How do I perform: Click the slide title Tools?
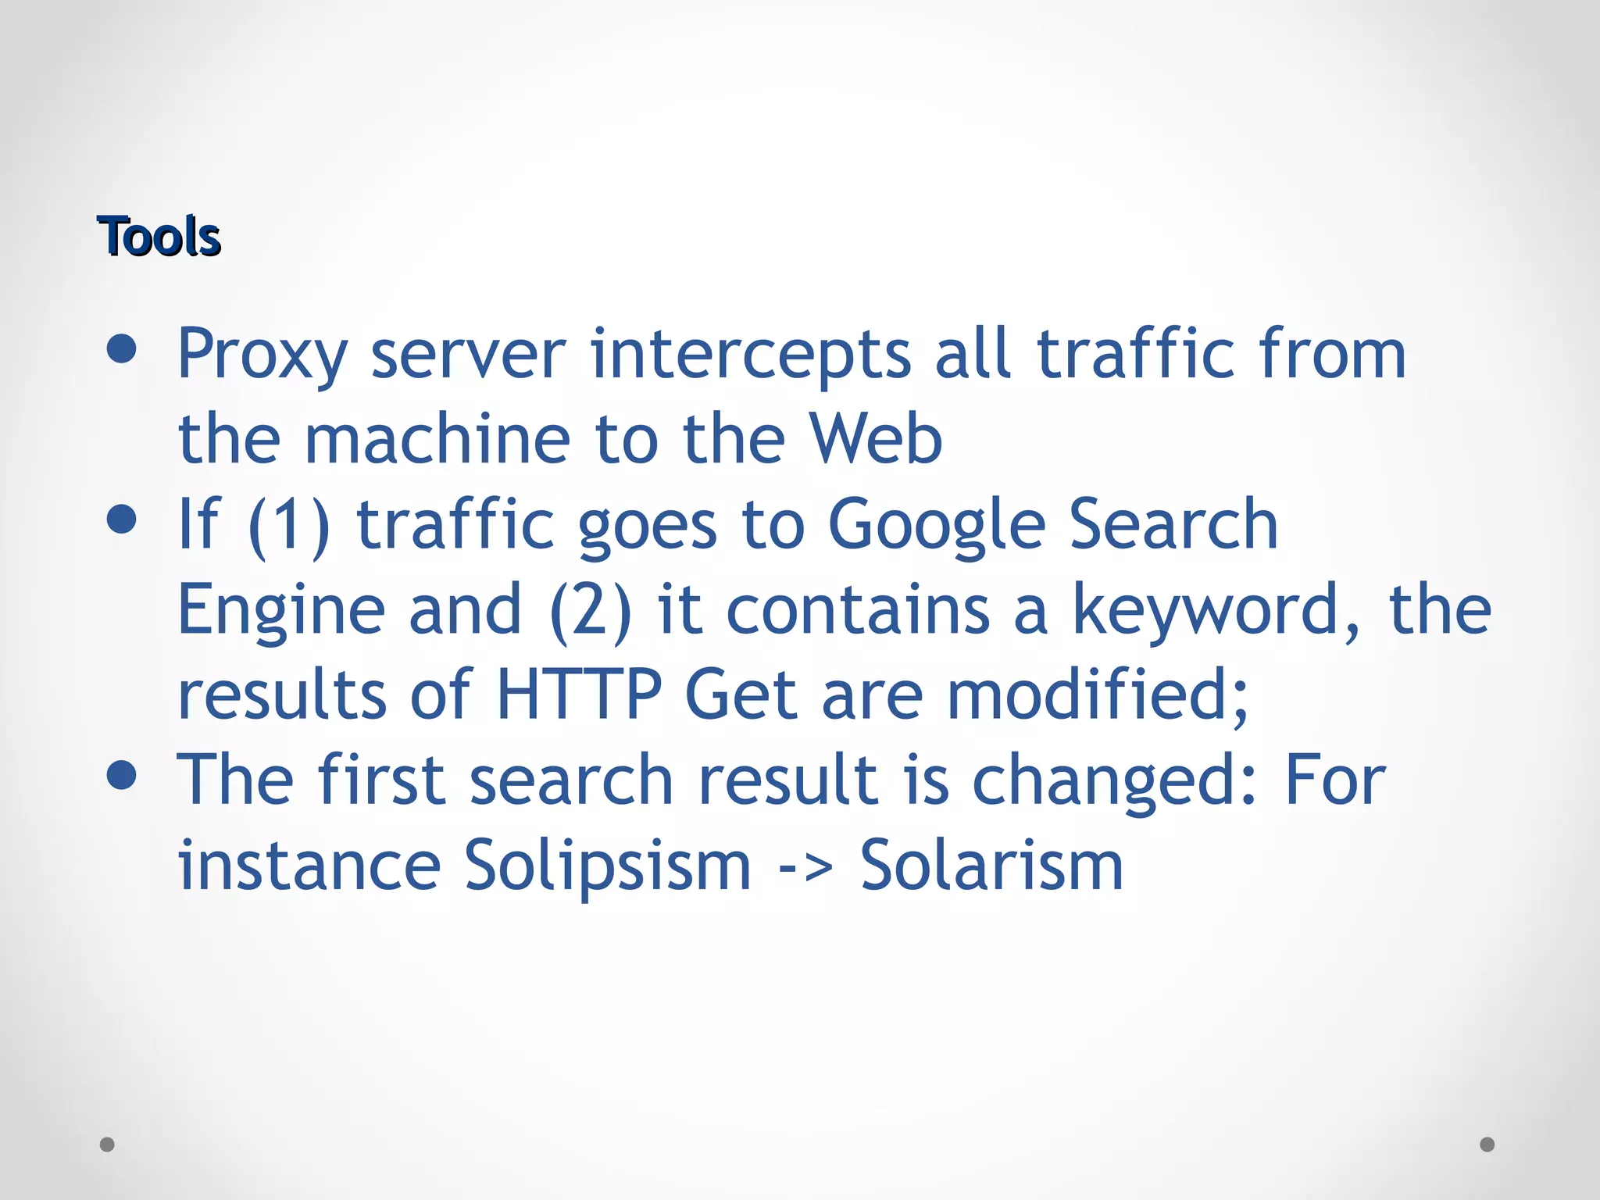[x=159, y=237]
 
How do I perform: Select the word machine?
[x=437, y=439]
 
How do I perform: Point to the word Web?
[x=876, y=439]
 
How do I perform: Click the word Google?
[x=936, y=525]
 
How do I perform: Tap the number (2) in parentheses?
[x=591, y=610]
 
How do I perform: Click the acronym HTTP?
[x=579, y=695]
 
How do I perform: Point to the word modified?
[x=1097, y=695]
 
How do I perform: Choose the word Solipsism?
[x=608, y=866]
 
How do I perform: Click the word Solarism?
[x=991, y=866]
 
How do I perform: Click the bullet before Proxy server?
[x=121, y=349]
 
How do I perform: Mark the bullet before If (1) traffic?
[x=121, y=520]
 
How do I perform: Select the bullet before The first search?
[x=121, y=775]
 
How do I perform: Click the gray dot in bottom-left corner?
[x=107, y=1145]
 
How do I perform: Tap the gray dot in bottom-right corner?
[x=1487, y=1145]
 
